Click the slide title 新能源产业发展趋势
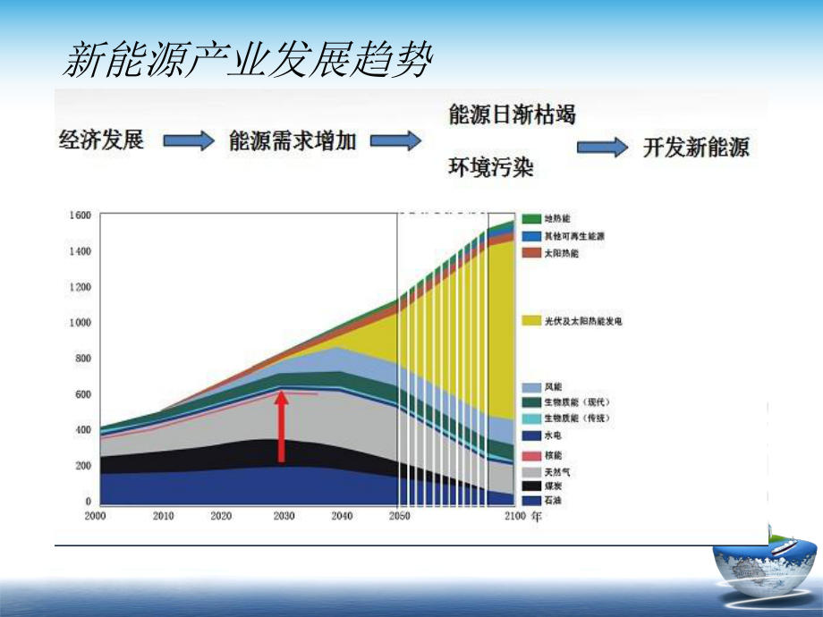(x=249, y=60)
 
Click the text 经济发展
(x=100, y=141)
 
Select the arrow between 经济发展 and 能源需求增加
(x=190, y=141)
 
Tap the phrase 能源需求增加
(x=293, y=141)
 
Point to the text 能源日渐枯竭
(x=511, y=115)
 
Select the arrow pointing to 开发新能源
(x=602, y=148)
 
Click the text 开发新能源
(x=696, y=148)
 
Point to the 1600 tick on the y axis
(x=80, y=216)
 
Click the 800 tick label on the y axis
(x=82, y=359)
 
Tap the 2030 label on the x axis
(x=284, y=517)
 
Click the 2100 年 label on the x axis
(x=518, y=517)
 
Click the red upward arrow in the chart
(x=281, y=427)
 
